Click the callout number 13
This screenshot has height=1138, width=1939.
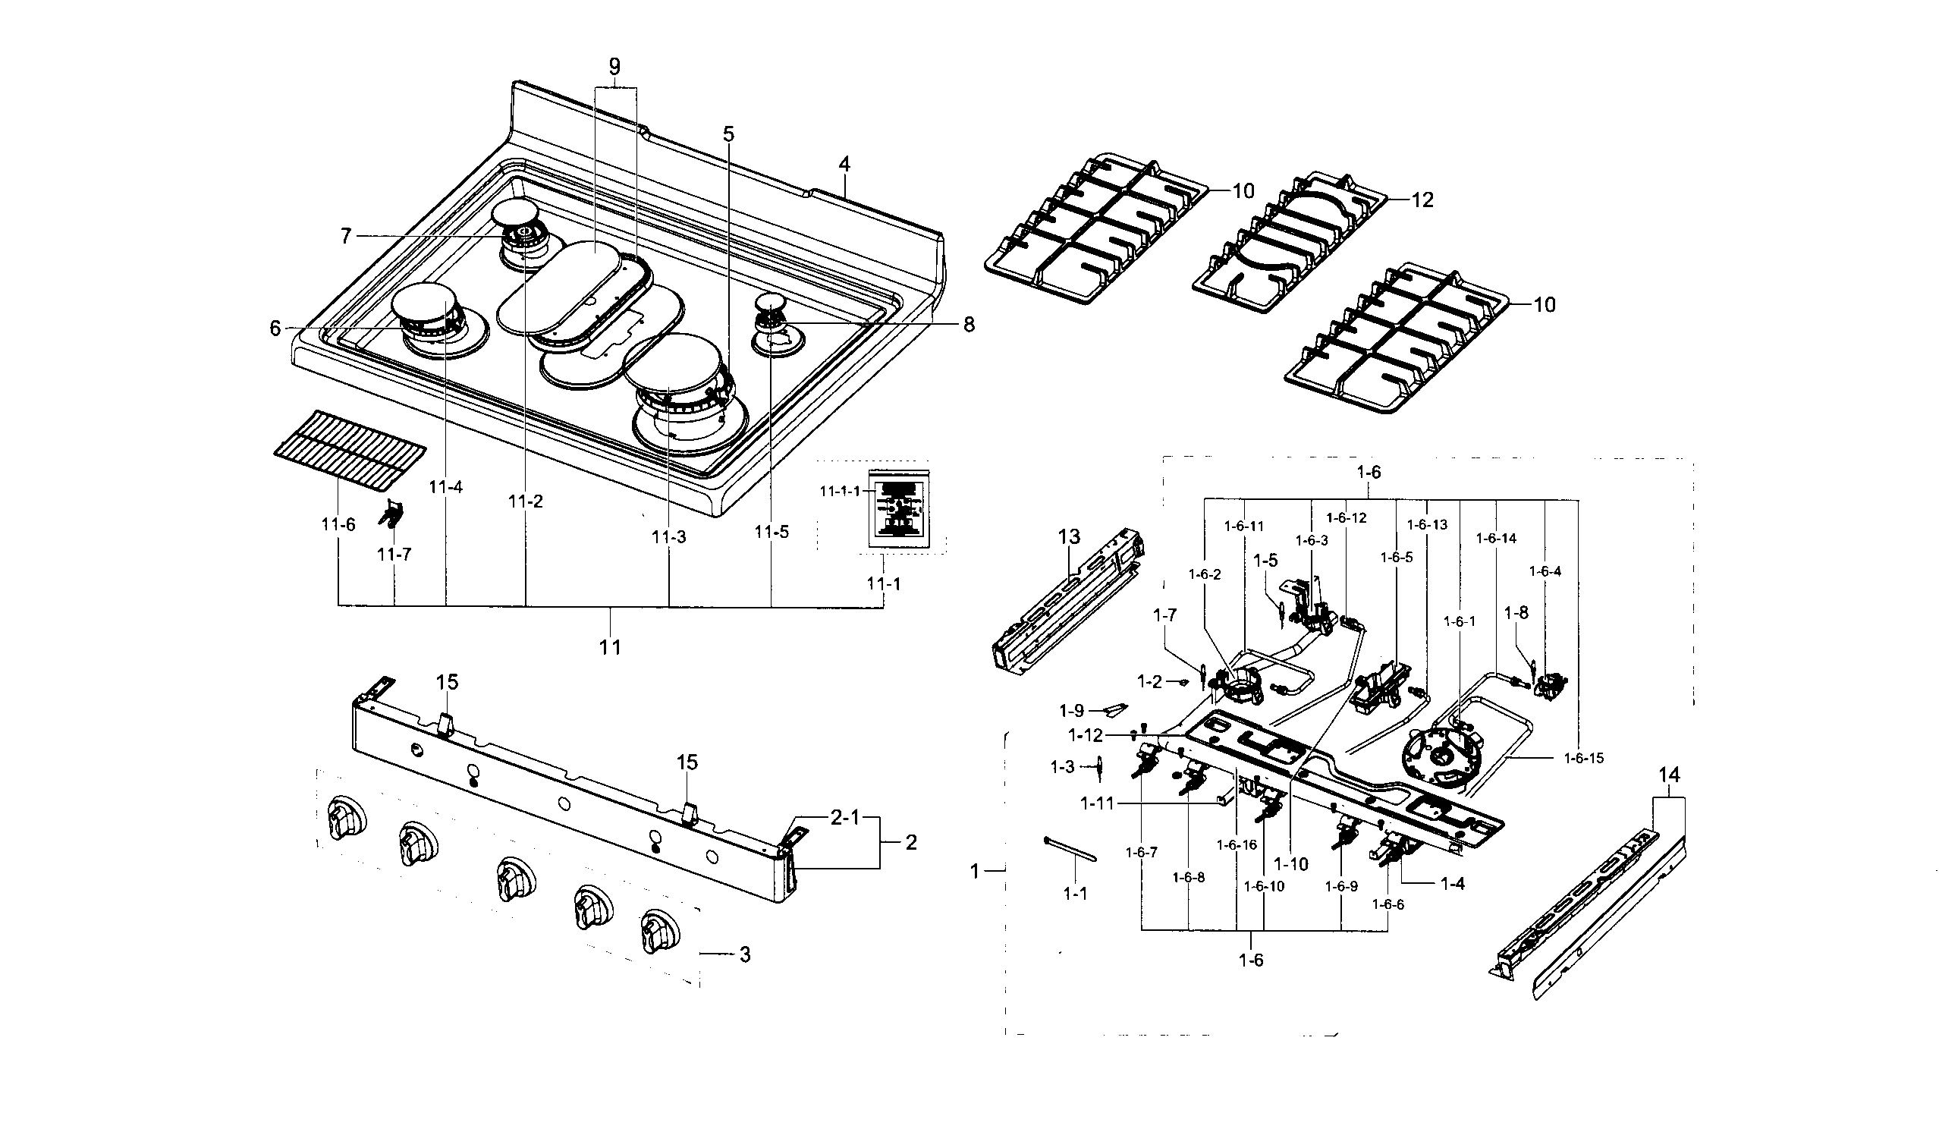pyautogui.click(x=1069, y=536)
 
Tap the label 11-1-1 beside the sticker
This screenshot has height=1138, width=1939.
pyautogui.click(x=839, y=491)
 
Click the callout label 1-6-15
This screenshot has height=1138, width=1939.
pyautogui.click(x=1584, y=758)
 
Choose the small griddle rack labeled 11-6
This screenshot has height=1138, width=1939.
pyautogui.click(x=350, y=450)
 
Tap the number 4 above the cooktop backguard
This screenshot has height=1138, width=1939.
pyautogui.click(x=844, y=164)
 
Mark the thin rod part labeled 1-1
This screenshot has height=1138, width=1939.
pyautogui.click(x=1070, y=850)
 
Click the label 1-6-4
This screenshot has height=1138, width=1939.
pyautogui.click(x=1545, y=571)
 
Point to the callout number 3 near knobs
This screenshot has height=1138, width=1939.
pyautogui.click(x=744, y=954)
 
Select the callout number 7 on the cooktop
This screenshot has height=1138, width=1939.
pyautogui.click(x=346, y=236)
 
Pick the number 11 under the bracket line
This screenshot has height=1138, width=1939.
pyautogui.click(x=610, y=647)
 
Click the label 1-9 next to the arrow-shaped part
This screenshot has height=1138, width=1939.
pyautogui.click(x=1071, y=711)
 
